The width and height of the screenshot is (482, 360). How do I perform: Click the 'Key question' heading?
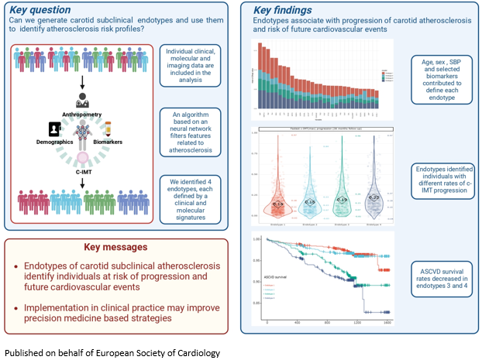click(40, 9)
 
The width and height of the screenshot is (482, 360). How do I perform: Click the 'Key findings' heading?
click(285, 9)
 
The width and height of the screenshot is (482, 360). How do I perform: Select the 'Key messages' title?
click(115, 247)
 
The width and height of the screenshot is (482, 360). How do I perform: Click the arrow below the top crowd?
click(81, 81)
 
